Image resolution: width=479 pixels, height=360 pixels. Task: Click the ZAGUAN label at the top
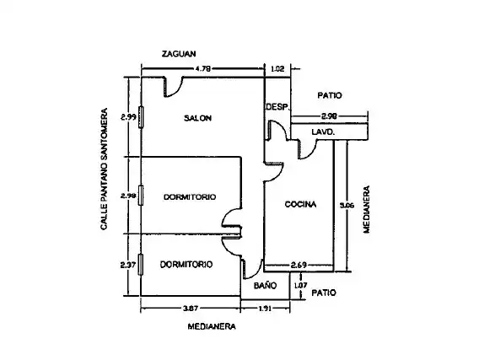tap(179, 54)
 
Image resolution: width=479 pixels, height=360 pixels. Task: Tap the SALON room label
tap(197, 118)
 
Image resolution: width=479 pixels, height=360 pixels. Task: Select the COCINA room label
tap(300, 204)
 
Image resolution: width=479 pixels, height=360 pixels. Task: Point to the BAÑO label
tap(265, 286)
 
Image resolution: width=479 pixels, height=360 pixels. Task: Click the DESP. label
tap(277, 107)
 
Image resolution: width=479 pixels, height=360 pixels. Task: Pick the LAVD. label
tap(323, 132)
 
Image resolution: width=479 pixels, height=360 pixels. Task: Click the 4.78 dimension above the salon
tap(203, 69)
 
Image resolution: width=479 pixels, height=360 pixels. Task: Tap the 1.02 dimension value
tap(277, 69)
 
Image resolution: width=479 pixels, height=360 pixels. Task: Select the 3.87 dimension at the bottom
tap(191, 309)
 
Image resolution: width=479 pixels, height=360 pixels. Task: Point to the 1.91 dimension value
tap(265, 309)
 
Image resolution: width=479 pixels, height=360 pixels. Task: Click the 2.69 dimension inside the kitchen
tap(299, 265)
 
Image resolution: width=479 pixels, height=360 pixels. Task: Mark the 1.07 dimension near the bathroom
tap(300, 286)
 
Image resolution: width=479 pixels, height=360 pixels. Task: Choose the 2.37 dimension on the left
tap(128, 265)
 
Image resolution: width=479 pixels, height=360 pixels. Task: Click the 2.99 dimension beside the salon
tap(128, 117)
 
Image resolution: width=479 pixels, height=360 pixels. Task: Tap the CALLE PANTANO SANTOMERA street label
tap(105, 169)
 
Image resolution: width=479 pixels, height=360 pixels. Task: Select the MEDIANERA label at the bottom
tap(212, 327)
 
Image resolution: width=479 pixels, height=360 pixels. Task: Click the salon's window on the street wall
tap(141, 117)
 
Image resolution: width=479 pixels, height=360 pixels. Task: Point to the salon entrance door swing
tap(173, 88)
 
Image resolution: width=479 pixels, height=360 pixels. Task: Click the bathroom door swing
tap(252, 269)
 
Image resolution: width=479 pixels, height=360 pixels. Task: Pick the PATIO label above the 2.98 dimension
tap(330, 95)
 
